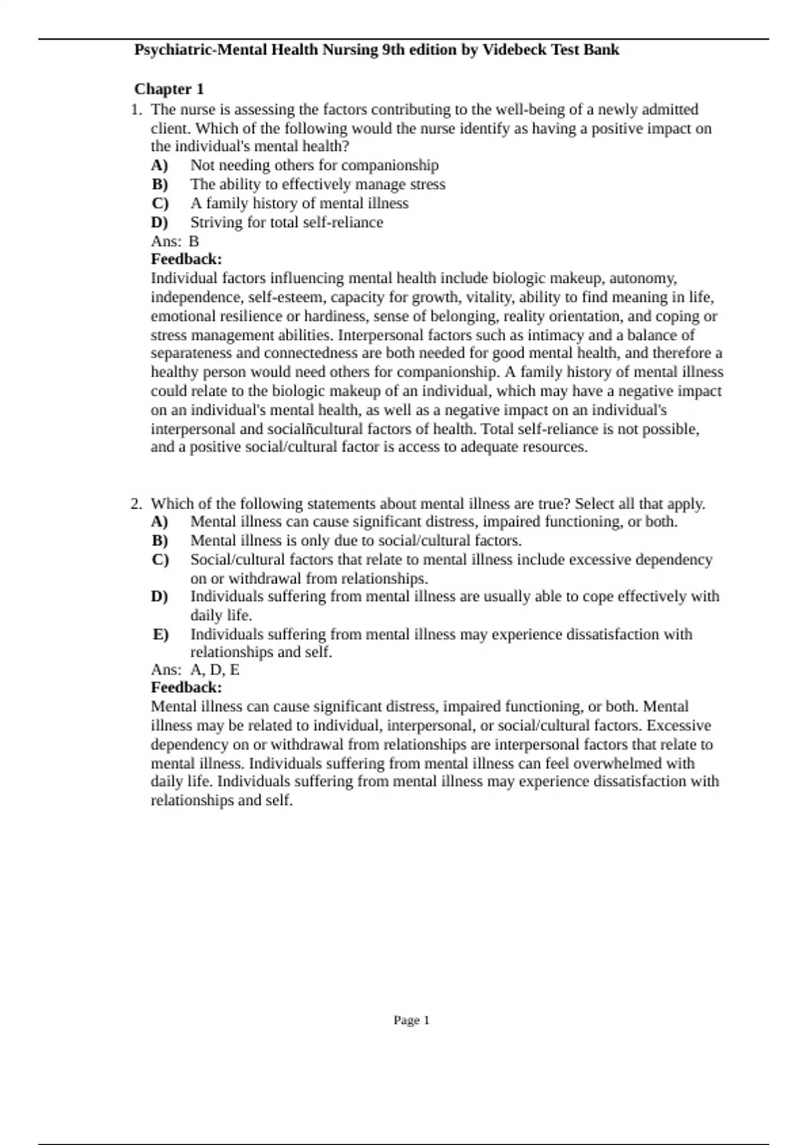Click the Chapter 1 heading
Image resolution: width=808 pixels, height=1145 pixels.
169,89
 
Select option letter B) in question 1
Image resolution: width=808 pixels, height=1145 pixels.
160,185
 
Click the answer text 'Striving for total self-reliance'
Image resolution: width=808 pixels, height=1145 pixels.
286,222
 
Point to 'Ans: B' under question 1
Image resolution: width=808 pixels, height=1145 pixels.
175,241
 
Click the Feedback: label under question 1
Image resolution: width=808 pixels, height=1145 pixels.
187,259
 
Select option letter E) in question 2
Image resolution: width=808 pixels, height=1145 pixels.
160,634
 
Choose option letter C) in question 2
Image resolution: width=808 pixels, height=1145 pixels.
160,560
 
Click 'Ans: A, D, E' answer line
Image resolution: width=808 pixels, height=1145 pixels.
195,669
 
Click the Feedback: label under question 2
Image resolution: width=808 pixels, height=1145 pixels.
187,688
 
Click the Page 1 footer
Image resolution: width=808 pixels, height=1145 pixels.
411,1020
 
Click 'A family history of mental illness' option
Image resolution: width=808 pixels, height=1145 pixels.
299,203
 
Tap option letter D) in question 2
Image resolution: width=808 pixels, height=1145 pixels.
160,597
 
